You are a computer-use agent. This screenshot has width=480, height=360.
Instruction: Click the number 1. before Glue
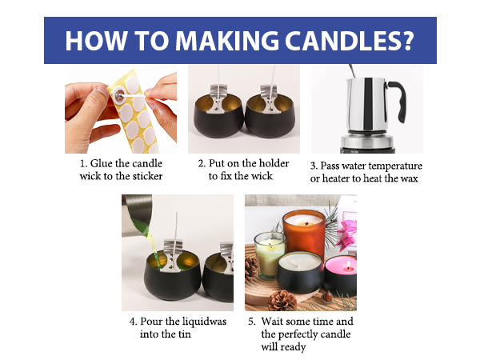click(84, 164)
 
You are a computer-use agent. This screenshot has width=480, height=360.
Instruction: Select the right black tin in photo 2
click(270, 120)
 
